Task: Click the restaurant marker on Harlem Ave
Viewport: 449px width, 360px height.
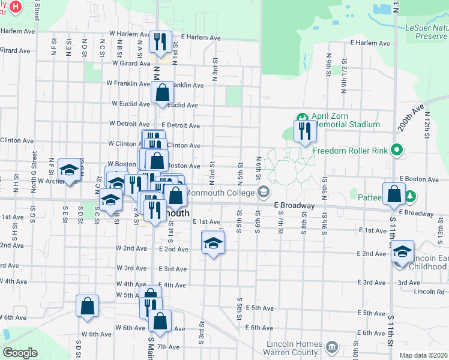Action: (160, 41)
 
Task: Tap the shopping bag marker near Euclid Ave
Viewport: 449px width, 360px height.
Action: (162, 93)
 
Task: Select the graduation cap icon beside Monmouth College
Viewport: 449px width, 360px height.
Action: (262, 192)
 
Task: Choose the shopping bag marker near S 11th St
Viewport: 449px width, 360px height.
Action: (394, 194)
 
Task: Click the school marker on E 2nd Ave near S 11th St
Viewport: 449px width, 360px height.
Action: (402, 251)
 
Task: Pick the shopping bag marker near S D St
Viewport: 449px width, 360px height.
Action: (88, 305)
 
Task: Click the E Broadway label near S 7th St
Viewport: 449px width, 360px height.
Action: (294, 205)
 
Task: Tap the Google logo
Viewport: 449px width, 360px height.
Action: (20, 353)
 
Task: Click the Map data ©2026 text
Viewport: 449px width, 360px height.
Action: (423, 355)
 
